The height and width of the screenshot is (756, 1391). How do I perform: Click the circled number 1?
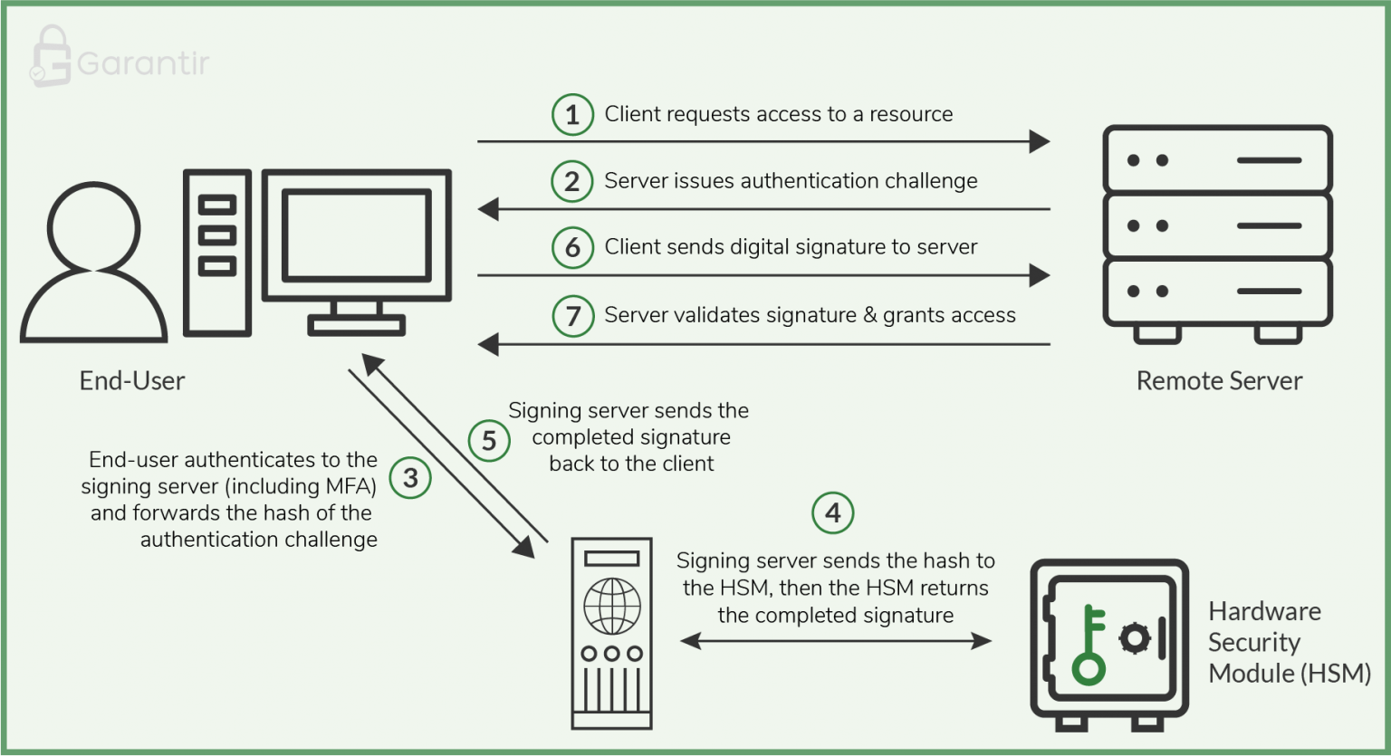click(572, 115)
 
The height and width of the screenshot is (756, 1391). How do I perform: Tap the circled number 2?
click(572, 181)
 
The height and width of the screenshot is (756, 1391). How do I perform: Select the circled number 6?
click(572, 248)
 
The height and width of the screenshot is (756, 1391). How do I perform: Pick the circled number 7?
click(572, 316)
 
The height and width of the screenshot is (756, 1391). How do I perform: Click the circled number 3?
click(410, 477)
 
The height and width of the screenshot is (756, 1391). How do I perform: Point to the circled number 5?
click(489, 441)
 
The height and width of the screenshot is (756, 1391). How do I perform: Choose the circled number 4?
click(833, 513)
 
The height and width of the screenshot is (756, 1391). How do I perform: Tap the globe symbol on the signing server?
click(612, 607)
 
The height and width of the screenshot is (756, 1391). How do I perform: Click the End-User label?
click(132, 381)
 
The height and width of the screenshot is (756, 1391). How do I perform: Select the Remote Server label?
click(1219, 381)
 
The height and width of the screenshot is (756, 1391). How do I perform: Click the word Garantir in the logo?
click(143, 63)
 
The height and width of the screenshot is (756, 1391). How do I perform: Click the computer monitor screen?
click(356, 234)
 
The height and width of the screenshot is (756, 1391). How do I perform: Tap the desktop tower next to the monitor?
click(217, 253)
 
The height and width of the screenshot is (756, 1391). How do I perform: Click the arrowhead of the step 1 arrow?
click(1040, 141)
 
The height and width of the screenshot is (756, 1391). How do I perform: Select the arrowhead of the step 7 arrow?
click(489, 344)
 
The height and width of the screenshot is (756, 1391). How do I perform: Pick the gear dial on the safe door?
click(1134, 638)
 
